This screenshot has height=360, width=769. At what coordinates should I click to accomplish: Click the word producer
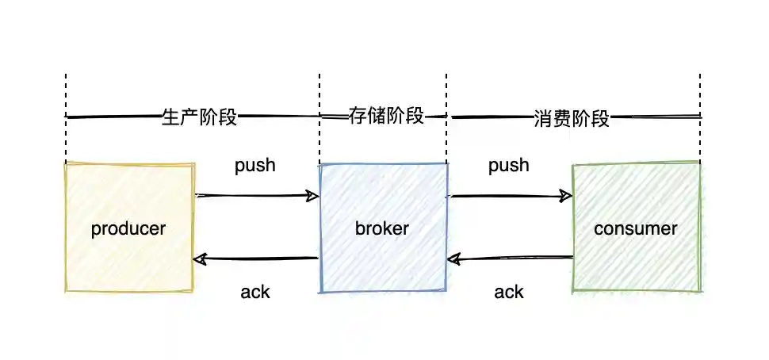128,229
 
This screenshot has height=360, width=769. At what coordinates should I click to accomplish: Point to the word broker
382,229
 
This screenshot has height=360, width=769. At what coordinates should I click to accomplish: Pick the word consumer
636,229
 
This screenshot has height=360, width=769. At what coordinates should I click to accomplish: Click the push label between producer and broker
255,166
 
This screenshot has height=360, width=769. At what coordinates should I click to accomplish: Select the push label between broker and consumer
509,166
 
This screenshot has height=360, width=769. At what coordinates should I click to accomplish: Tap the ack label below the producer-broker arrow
255,292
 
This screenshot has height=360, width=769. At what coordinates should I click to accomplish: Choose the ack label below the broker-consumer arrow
509,292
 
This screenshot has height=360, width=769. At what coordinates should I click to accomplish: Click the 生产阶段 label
199,117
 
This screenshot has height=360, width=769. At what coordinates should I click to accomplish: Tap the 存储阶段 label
386,116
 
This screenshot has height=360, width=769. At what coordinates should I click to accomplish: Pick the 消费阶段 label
572,119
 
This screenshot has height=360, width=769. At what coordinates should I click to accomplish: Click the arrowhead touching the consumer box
566,195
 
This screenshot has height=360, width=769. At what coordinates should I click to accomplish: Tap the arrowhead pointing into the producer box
199,259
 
